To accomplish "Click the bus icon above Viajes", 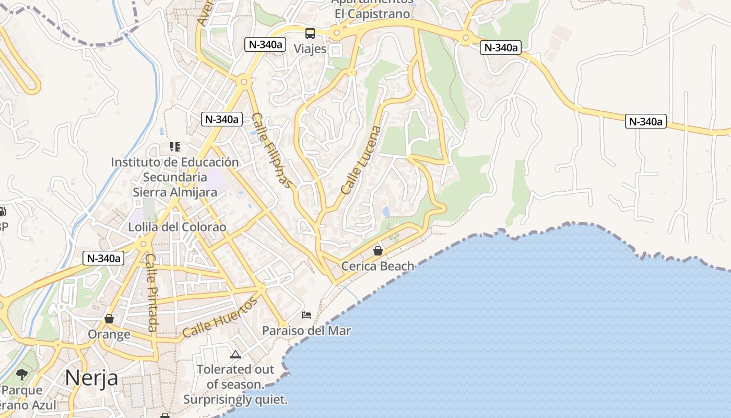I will (310, 33).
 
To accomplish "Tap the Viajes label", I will (310, 49).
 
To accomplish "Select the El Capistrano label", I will (372, 14).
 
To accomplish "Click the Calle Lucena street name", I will (361, 160).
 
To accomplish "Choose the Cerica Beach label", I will (378, 266).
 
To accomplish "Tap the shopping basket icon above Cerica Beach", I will (378, 251).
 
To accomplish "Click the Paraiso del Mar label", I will (306, 331).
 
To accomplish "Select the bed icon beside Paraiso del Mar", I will (306, 315).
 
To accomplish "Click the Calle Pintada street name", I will (151, 292).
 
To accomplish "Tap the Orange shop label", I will (109, 334).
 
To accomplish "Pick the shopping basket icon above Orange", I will (109, 318).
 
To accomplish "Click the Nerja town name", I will (92, 377).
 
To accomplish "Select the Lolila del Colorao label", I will (178, 227).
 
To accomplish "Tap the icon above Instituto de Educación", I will (174, 147).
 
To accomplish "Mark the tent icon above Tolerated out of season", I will (235, 354).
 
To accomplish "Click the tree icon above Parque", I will (22, 374).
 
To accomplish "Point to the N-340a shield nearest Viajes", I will (264, 44).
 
